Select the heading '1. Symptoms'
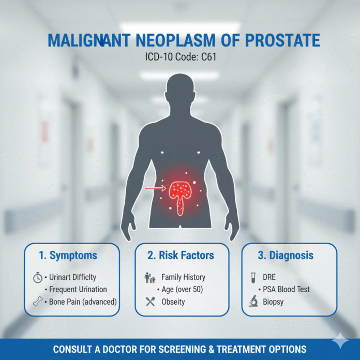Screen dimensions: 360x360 [68, 255]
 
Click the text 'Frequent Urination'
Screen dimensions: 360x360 [75, 289]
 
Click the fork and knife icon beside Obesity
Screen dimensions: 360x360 [150, 302]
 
